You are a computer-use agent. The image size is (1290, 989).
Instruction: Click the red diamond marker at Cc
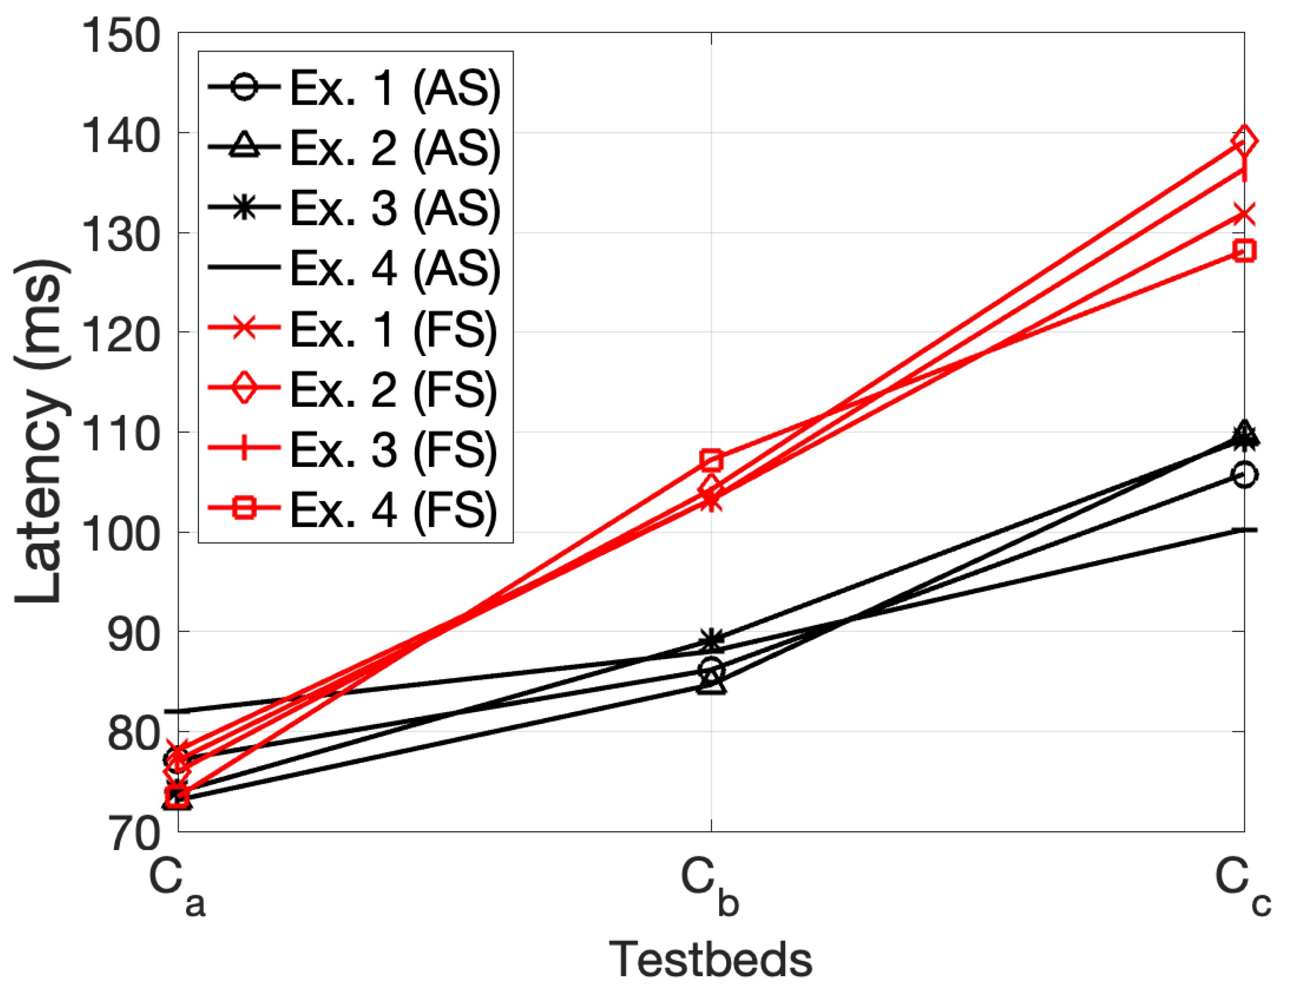[1243, 141]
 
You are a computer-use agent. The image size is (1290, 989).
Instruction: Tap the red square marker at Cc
[1243, 251]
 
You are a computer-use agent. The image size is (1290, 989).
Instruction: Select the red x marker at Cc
[1243, 214]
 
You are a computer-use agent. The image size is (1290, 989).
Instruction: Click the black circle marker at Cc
[1243, 475]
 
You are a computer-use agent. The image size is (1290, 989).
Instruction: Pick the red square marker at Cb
[711, 460]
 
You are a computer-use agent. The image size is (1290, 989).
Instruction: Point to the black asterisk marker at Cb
[711, 639]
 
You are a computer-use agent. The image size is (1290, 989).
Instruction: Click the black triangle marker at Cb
[711, 684]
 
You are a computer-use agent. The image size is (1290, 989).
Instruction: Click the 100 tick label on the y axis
[121, 535]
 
